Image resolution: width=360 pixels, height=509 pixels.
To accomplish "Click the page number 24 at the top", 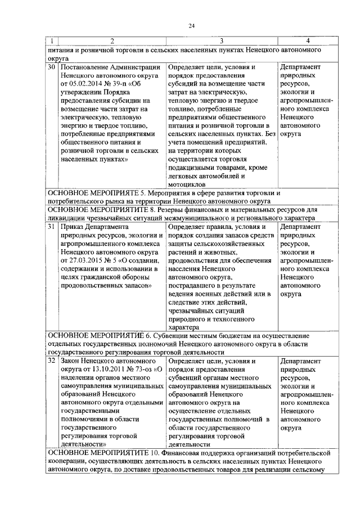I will pyautogui.click(x=191, y=25).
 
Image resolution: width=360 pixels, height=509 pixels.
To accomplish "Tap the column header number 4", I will pyautogui.click(x=307, y=41).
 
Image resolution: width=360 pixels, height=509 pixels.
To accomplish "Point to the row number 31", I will pyautogui.click(x=51, y=226).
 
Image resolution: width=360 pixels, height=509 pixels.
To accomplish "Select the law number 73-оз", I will pyautogui.click(x=144, y=369).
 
